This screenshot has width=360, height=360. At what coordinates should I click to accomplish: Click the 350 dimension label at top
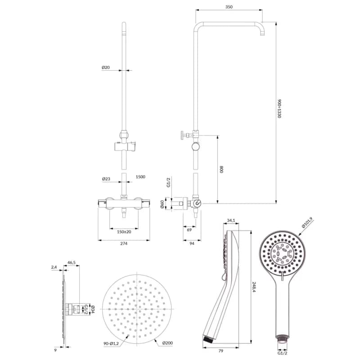click(229, 7)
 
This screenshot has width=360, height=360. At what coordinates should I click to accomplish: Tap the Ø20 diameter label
click(106, 67)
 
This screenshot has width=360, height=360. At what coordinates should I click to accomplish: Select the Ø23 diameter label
click(106, 179)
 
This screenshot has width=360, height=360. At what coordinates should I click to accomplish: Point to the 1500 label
click(140, 177)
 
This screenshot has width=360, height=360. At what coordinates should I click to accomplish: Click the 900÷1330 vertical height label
click(279, 109)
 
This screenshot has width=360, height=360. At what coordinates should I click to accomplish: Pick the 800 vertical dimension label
click(221, 170)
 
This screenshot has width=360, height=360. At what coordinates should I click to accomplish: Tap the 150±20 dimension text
click(124, 232)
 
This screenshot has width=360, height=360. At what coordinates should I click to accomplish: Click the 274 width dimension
click(124, 243)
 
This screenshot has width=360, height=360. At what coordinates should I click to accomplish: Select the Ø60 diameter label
click(162, 204)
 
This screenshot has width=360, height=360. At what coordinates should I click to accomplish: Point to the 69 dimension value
click(189, 230)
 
